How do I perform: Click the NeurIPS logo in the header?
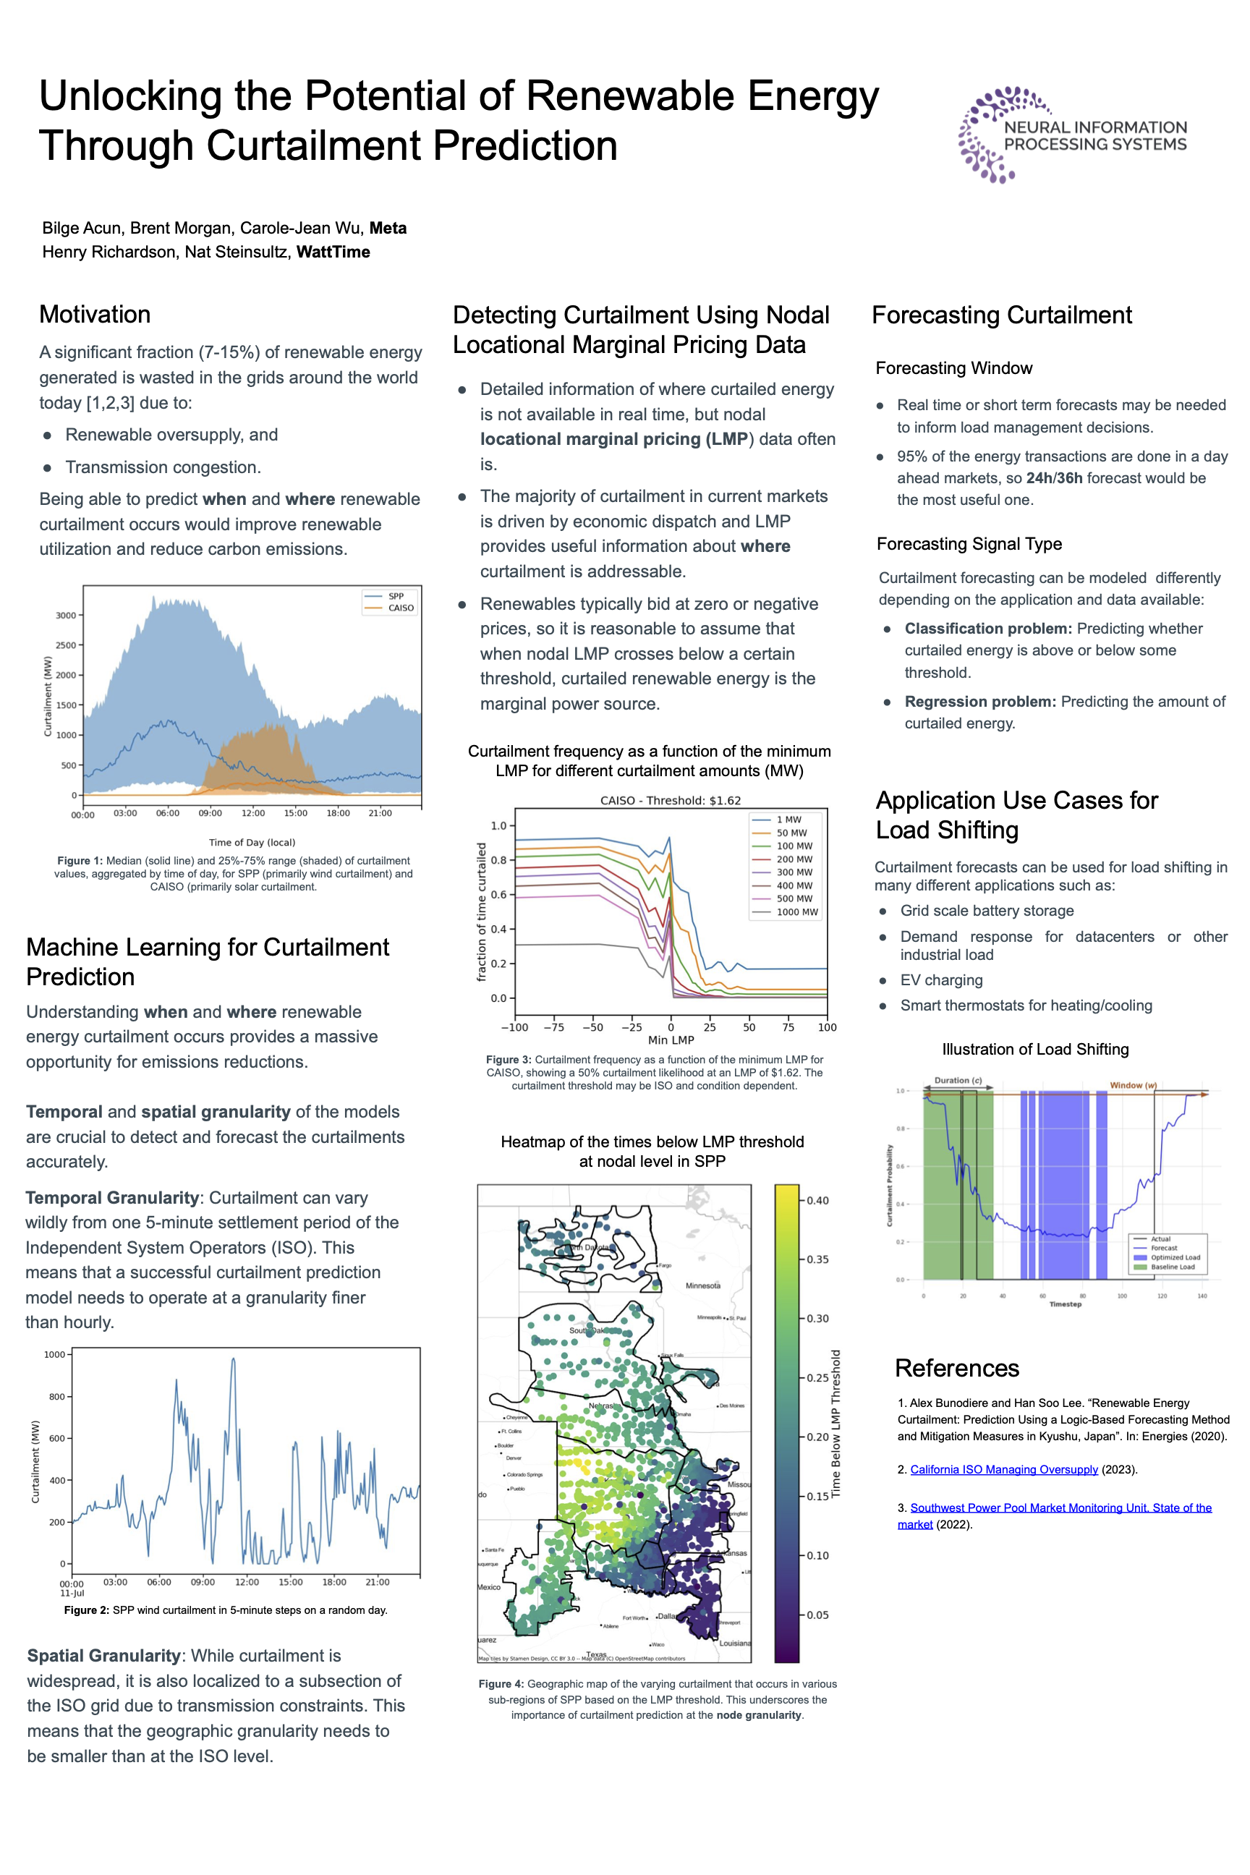pyautogui.click(x=1072, y=135)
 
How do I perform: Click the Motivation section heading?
pyautogui.click(x=95, y=314)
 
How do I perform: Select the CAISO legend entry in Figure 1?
pyautogui.click(x=400, y=608)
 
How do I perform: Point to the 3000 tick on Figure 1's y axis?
pyautogui.click(x=65, y=616)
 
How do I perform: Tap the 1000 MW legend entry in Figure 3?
pyautogui.click(x=796, y=912)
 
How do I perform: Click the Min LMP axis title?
pyautogui.click(x=671, y=1039)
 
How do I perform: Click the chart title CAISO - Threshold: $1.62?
pyautogui.click(x=670, y=800)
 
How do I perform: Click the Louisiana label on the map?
pyautogui.click(x=734, y=1643)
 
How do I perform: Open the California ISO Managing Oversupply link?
pyautogui.click(x=1003, y=1469)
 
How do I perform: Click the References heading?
pyautogui.click(x=956, y=1368)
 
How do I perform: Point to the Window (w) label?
pyautogui.click(x=1133, y=1085)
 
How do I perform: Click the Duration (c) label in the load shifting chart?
pyautogui.click(x=958, y=1080)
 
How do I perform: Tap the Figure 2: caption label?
pyautogui.click(x=86, y=1610)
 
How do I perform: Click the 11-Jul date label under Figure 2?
pyautogui.click(x=72, y=1593)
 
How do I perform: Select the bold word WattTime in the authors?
pyautogui.click(x=333, y=252)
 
